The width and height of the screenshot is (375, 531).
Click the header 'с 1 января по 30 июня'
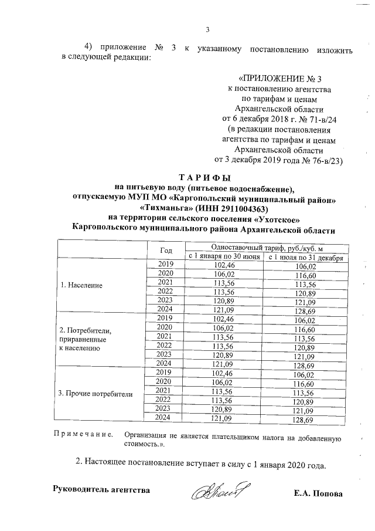pyautogui.click(x=223, y=256)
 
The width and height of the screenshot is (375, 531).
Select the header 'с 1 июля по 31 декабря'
pyautogui.click(x=305, y=257)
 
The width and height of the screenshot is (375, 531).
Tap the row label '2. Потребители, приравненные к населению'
pyautogui.click(x=86, y=339)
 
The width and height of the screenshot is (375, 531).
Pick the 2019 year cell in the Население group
pyautogui.click(x=166, y=265)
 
